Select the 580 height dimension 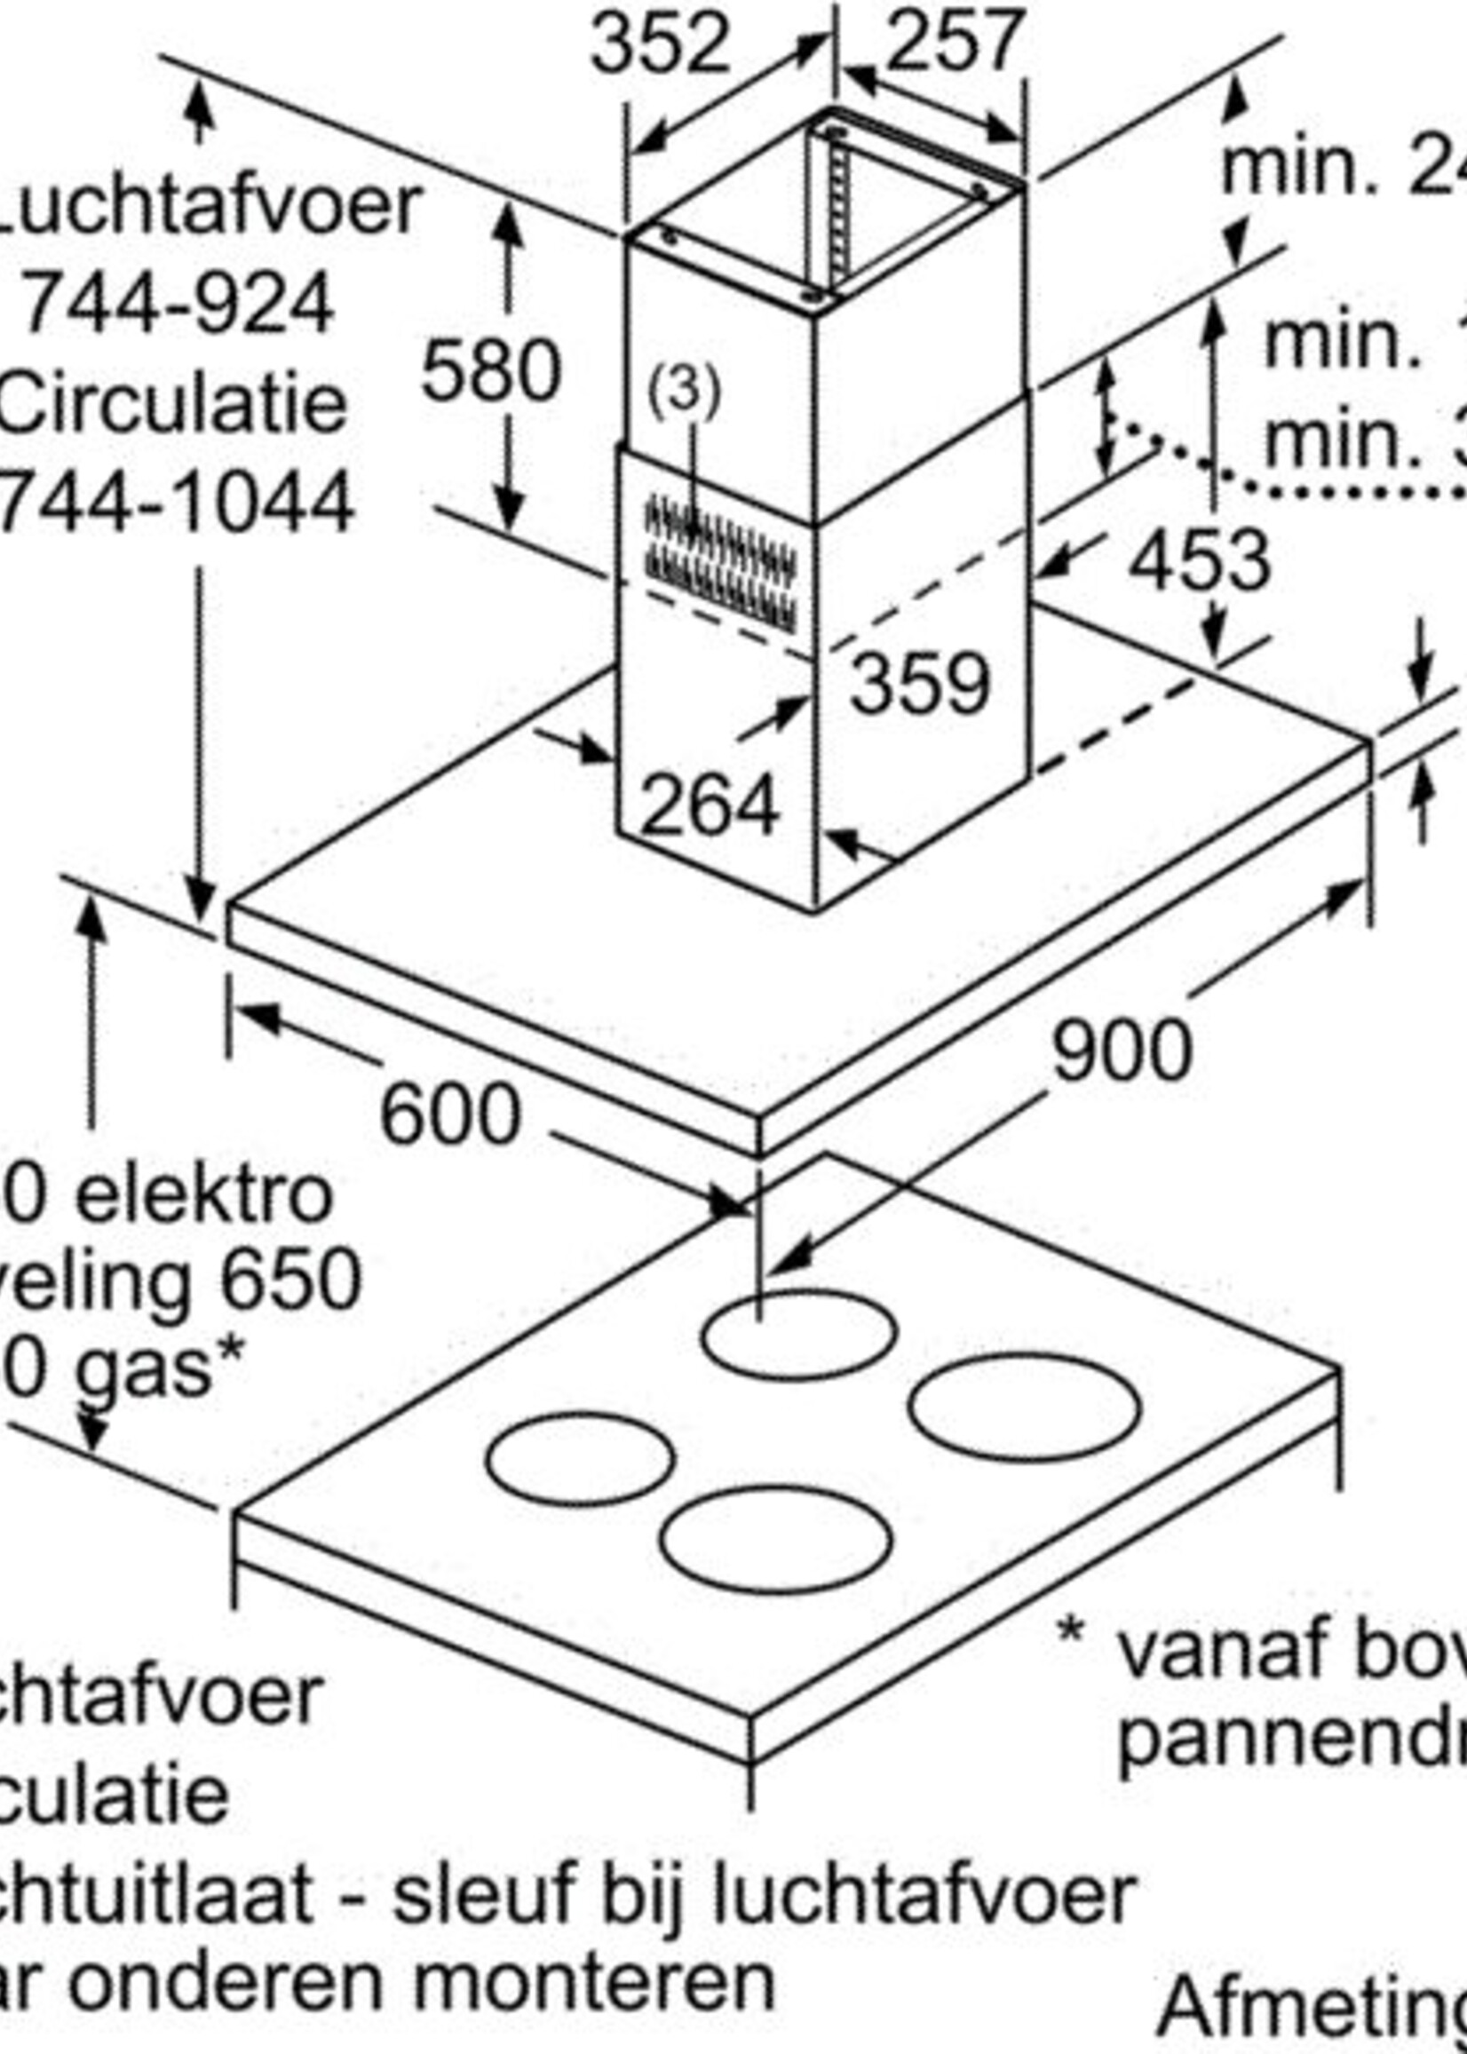point(490,370)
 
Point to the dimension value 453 point(1200,562)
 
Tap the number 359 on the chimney point(920,684)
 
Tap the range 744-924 point(177,305)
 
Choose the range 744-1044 point(175,503)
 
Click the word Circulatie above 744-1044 point(171,403)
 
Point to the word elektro point(203,1196)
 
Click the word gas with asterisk point(157,1368)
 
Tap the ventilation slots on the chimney point(721,562)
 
